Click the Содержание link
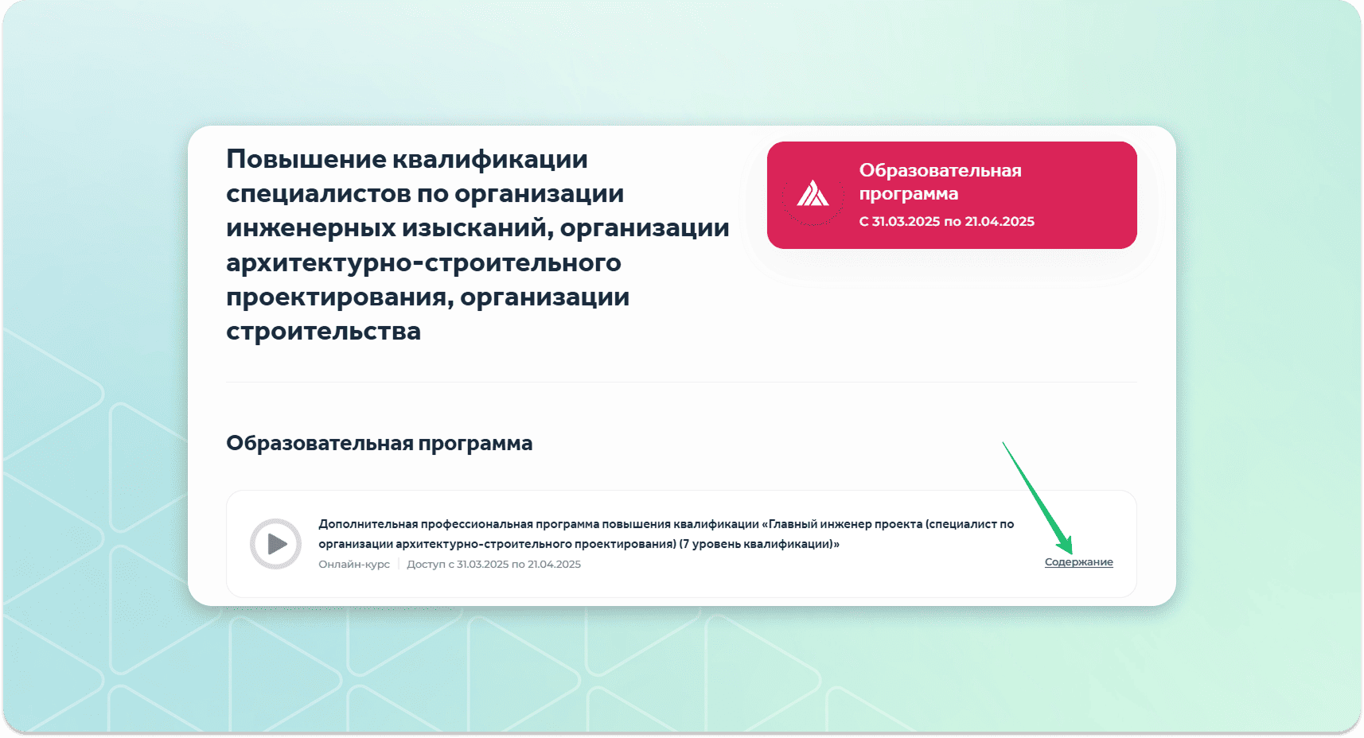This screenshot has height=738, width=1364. pyautogui.click(x=1078, y=562)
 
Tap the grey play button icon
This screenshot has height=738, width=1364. pyautogui.click(x=276, y=544)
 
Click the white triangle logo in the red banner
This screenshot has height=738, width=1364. pyautogui.click(x=813, y=193)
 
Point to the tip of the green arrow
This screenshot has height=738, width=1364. pyautogui.click(x=1071, y=553)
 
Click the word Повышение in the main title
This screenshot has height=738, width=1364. pyautogui.click(x=306, y=159)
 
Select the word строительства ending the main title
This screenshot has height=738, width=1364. pyautogui.click(x=323, y=332)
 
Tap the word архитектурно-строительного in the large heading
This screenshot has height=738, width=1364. pyautogui.click(x=424, y=262)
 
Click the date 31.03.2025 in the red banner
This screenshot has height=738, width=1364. pyautogui.click(x=906, y=221)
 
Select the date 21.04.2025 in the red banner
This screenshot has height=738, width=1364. pyautogui.click(x=1000, y=221)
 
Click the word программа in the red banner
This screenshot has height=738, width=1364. pyautogui.click(x=909, y=194)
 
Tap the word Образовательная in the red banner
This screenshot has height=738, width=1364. pyautogui.click(x=940, y=170)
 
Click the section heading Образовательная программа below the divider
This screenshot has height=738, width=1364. pyautogui.click(x=380, y=443)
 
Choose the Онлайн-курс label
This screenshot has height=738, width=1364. pyautogui.click(x=354, y=564)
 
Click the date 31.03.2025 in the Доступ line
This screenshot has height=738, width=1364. pyautogui.click(x=482, y=564)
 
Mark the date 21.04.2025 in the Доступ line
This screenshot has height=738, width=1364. pyautogui.click(x=554, y=564)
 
